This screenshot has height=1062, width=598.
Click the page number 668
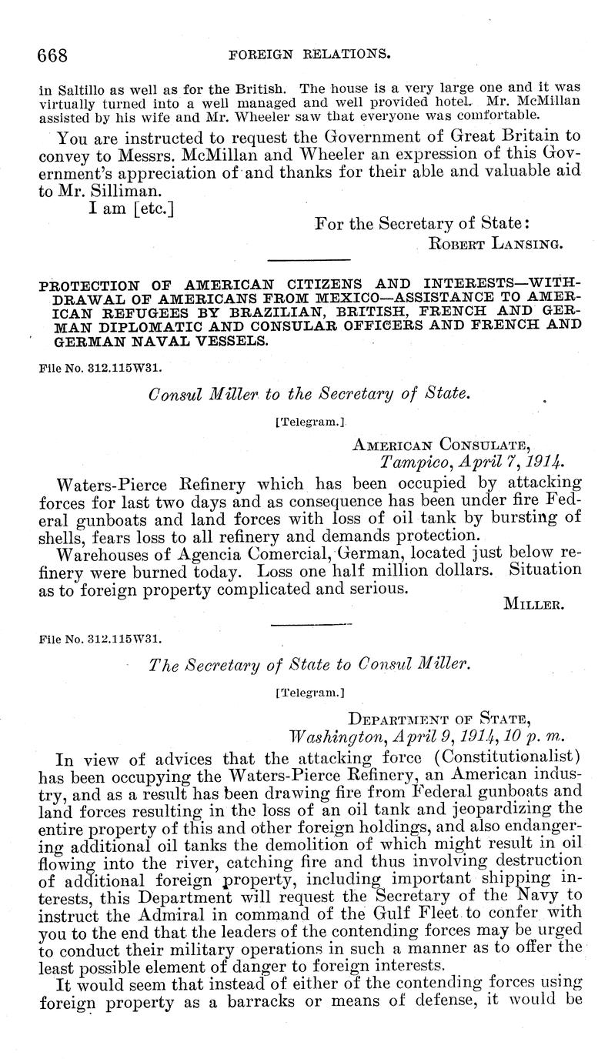coord(53,55)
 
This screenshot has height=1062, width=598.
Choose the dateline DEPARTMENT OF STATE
coord(439,719)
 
